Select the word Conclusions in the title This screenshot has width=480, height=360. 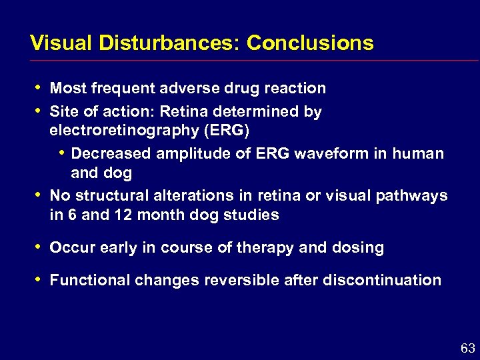[310, 43]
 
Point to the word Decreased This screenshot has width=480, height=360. [111, 153]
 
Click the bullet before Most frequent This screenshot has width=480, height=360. [37, 87]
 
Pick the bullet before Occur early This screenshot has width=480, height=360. [37, 247]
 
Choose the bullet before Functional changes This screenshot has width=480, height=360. [37, 279]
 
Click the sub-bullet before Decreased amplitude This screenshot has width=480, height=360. [61, 152]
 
